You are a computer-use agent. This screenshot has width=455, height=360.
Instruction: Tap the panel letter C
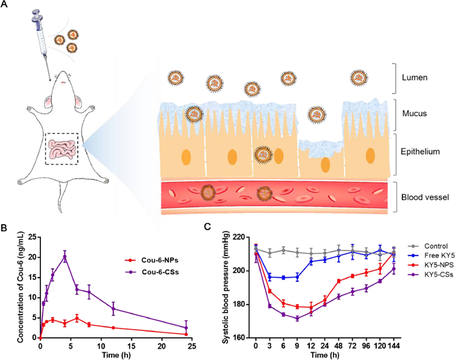point(207,229)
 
